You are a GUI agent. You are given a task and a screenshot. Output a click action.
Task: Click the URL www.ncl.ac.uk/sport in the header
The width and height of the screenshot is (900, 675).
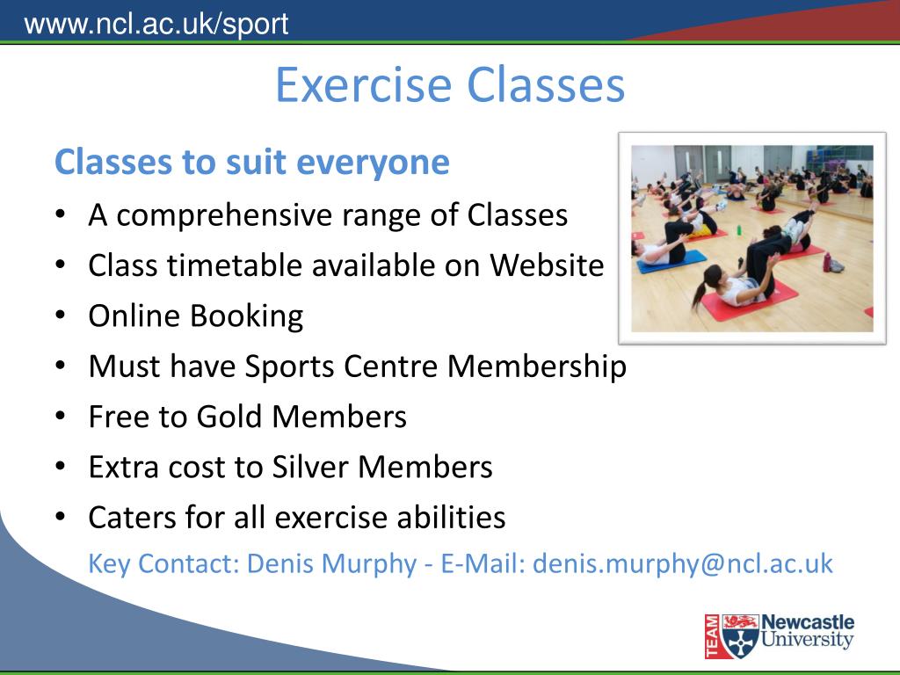(156, 23)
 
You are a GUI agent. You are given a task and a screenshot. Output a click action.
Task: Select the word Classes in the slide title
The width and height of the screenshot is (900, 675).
(546, 85)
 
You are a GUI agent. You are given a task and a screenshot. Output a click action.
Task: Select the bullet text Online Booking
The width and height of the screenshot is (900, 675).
(195, 316)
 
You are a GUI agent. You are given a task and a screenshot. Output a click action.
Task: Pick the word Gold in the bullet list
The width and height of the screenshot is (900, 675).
(229, 416)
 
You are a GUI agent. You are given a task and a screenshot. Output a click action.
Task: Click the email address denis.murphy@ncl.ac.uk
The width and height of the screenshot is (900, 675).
(682, 562)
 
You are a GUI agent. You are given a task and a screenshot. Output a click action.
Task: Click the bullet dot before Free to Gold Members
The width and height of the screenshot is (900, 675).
(60, 416)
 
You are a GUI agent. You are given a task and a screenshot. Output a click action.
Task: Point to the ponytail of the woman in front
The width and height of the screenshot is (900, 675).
(700, 296)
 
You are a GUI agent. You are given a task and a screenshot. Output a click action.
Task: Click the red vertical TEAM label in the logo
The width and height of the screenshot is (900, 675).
(712, 635)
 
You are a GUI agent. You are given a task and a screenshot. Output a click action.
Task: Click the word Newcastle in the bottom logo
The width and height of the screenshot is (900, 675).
(807, 622)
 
